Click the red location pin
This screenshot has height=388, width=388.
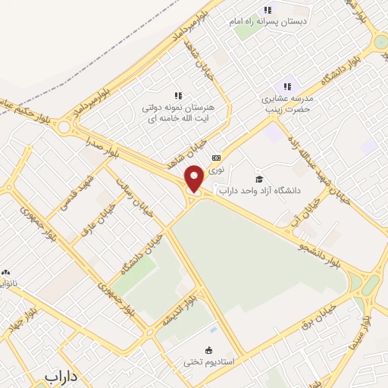pyautogui.click(x=195, y=179)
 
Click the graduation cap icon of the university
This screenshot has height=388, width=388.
pyautogui.click(x=260, y=179)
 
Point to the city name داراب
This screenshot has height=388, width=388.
pyautogui.click(x=61, y=376)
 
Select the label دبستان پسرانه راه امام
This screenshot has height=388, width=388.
pyautogui.click(x=283, y=22)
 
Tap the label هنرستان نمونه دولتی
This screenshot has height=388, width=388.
pyautogui.click(x=178, y=108)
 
